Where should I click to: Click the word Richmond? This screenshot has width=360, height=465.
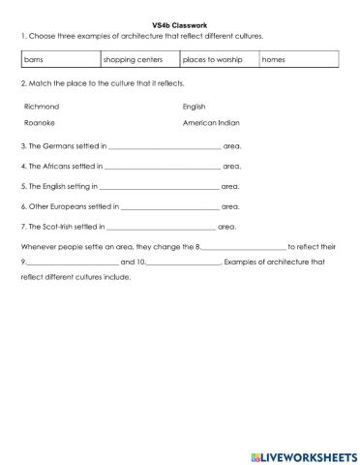click(x=40, y=106)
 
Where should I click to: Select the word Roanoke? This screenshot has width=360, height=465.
click(x=39, y=124)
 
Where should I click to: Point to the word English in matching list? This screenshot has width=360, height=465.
click(x=194, y=106)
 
